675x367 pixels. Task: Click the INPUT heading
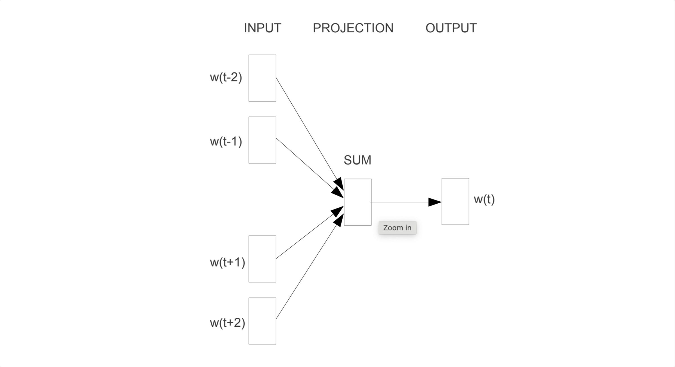(262, 28)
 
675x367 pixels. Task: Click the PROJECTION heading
(353, 28)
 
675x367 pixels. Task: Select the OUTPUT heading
(451, 28)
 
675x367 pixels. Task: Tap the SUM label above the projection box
(357, 160)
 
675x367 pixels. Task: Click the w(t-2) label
(226, 77)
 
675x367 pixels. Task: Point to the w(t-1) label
(226, 141)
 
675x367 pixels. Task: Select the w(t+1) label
(227, 262)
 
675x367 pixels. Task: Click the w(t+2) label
(227, 323)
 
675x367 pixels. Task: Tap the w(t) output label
(484, 199)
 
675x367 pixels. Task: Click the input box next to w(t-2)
(262, 78)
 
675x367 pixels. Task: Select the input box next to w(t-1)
(262, 140)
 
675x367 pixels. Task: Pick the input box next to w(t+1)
(262, 259)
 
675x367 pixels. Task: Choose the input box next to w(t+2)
(262, 321)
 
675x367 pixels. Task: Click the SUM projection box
(357, 202)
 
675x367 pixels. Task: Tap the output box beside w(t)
(455, 201)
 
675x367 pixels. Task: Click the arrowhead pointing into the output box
(435, 202)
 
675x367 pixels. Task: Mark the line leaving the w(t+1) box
(304, 238)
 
